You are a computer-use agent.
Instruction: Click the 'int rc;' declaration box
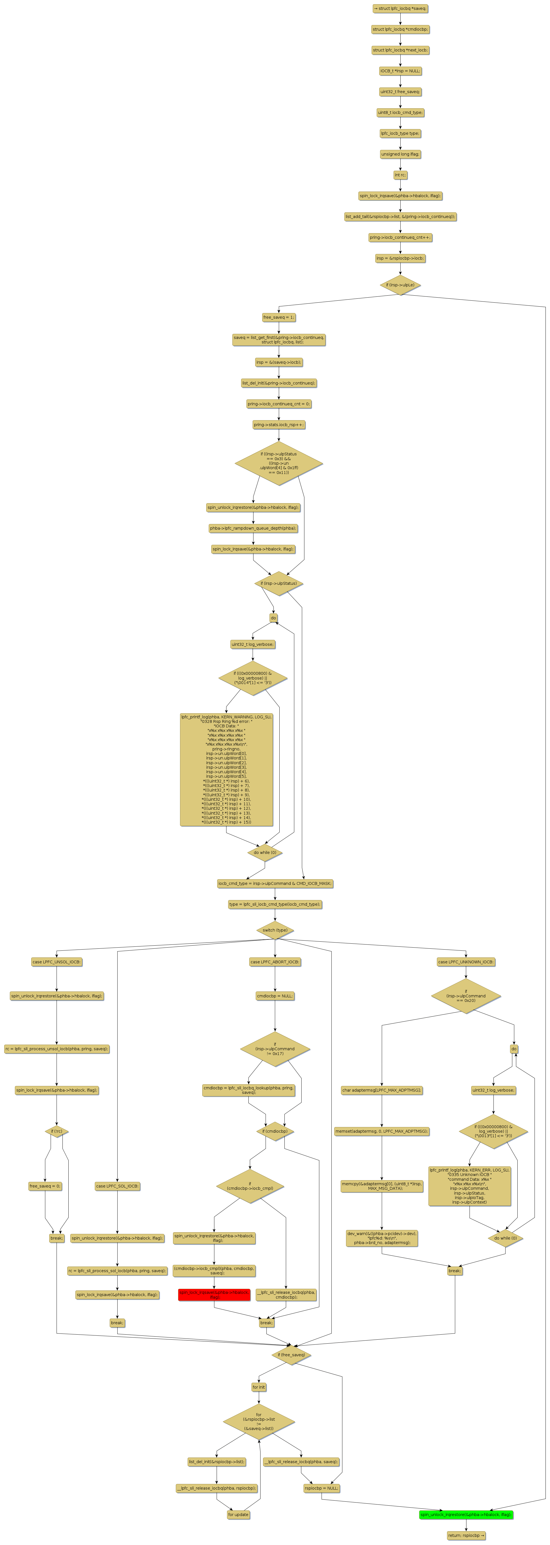pyautogui.click(x=400, y=175)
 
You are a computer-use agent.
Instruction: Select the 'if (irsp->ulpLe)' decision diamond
pyautogui.click(x=400, y=285)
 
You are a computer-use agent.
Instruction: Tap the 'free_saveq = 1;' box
pyautogui.click(x=278, y=317)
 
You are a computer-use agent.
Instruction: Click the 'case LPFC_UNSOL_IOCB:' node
pyautogui.click(x=56, y=962)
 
